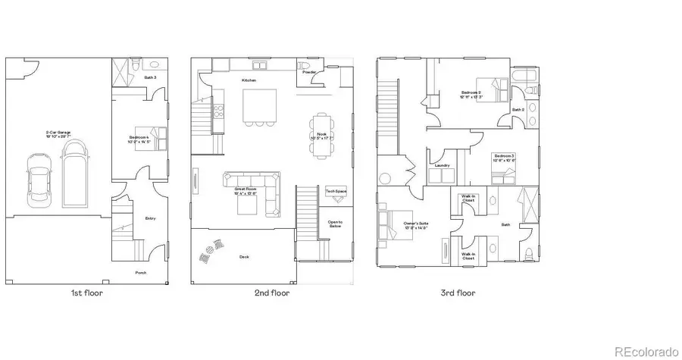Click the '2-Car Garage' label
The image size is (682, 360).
pyautogui.click(x=58, y=133)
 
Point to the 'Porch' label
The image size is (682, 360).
pyautogui.click(x=141, y=273)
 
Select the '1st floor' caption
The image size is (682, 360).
pyautogui.click(x=87, y=293)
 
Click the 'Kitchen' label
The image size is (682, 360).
pyautogui.click(x=249, y=80)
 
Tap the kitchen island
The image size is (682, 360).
pyautogui.click(x=255, y=105)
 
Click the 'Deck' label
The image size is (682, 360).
pyautogui.click(x=244, y=257)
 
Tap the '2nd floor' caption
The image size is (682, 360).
pyautogui.click(x=272, y=293)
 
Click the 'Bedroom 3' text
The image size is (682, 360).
pyautogui.click(x=504, y=158)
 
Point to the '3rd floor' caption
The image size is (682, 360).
pyautogui.click(x=458, y=293)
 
